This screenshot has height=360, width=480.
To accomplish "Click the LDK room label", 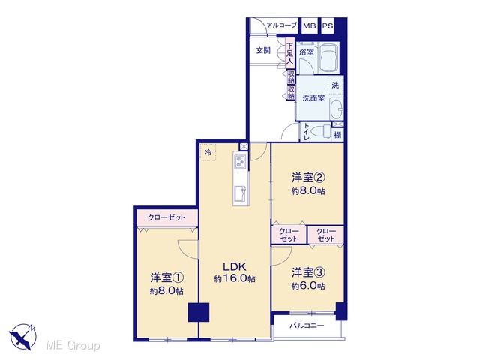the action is (x=235, y=267).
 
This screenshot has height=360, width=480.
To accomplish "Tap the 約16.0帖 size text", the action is (x=235, y=279).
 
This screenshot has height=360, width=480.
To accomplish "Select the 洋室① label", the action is (x=166, y=277).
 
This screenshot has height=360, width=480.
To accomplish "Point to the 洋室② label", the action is (x=308, y=177).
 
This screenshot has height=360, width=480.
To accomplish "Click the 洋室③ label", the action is (x=308, y=272).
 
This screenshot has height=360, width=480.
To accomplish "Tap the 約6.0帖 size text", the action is (x=308, y=286).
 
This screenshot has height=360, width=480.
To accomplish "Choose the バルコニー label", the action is (x=307, y=325).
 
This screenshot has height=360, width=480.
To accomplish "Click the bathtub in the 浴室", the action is (x=329, y=58).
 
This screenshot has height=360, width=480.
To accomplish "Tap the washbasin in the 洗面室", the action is (x=337, y=109).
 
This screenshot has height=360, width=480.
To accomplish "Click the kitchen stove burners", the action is (x=240, y=161).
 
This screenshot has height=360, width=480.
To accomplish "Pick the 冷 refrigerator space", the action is (x=208, y=152).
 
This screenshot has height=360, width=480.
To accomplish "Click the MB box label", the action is (x=310, y=26).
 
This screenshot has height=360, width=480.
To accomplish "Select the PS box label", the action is (x=327, y=26).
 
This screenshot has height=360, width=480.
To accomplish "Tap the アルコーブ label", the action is (x=282, y=25).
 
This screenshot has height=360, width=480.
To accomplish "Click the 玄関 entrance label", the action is (x=263, y=50).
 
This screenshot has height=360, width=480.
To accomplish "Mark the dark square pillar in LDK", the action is (x=199, y=312).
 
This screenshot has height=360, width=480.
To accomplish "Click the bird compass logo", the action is (x=23, y=337).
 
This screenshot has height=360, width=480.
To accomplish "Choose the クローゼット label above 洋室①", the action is (x=166, y=217).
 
